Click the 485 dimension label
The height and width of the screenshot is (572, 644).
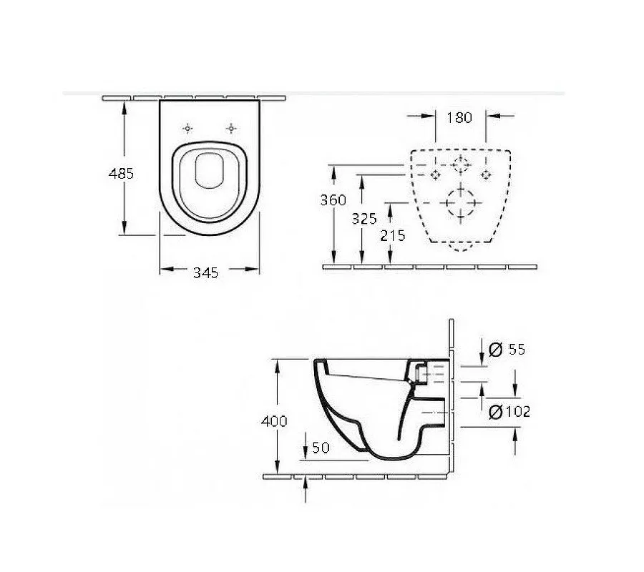click(121, 174)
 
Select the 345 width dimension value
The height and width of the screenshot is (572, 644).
click(206, 272)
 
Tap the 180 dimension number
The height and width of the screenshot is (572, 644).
click(459, 118)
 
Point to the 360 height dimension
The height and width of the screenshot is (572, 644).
click(333, 199)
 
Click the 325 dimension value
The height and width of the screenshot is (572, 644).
click(364, 219)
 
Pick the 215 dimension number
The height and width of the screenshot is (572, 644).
click(393, 235)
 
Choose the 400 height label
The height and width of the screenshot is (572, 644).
click(274, 421)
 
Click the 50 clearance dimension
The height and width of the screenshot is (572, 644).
click(321, 448)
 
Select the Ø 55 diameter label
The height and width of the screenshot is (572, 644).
click(507, 349)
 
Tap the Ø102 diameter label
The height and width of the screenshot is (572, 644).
click(509, 411)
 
